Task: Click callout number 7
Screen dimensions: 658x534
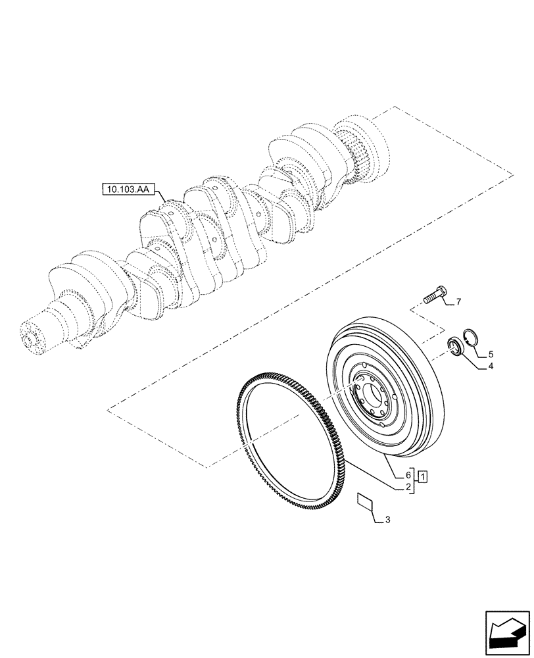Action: pos(458,302)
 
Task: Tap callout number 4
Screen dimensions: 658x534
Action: pos(490,368)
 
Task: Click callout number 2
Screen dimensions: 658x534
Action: pos(408,488)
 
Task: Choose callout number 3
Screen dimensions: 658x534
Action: pos(388,520)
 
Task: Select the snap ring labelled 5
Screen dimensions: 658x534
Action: pos(472,337)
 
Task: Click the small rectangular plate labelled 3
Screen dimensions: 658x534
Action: pos(364,501)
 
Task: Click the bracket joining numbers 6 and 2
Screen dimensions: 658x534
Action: pos(414,481)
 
